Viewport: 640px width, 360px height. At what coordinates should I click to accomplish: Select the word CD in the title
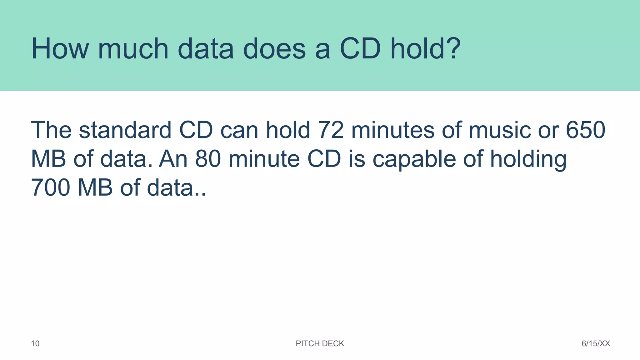click(360, 49)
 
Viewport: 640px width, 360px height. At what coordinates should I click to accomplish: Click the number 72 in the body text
click(331, 130)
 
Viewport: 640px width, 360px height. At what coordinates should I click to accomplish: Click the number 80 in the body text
click(208, 159)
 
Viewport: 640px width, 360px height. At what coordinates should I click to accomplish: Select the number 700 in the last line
click(50, 187)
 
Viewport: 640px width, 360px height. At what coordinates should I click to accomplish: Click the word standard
click(125, 130)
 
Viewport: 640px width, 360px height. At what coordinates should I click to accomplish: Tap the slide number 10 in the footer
click(35, 344)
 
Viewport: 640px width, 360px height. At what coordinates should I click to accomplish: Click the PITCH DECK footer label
click(320, 344)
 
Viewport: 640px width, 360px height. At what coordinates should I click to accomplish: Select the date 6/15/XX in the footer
click(596, 344)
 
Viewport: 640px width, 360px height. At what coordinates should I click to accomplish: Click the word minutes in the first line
click(393, 130)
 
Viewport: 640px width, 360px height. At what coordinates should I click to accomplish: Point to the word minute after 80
click(264, 159)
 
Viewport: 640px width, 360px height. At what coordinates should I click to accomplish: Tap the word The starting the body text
click(51, 130)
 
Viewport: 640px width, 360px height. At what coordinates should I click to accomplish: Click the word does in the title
click(274, 49)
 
